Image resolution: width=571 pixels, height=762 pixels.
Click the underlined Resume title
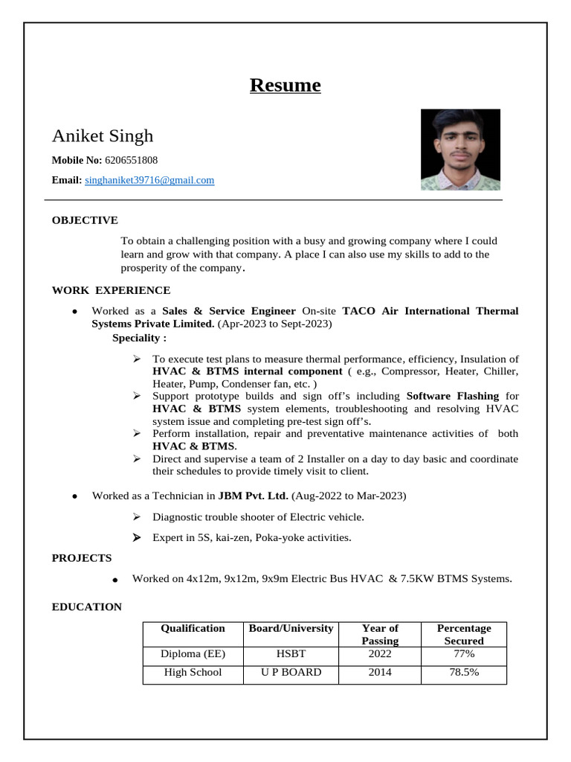pyautogui.click(x=285, y=86)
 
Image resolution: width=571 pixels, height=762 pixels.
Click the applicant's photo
pyautogui.click(x=460, y=150)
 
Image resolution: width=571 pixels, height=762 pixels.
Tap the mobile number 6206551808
pyautogui.click(x=132, y=160)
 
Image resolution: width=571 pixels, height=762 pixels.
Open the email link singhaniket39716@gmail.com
pyautogui.click(x=149, y=180)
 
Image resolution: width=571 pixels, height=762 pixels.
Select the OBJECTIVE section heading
pyautogui.click(x=85, y=220)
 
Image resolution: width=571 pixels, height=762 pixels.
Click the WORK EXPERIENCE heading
pyautogui.click(x=111, y=290)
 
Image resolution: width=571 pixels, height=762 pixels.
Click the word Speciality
pyautogui.click(x=139, y=338)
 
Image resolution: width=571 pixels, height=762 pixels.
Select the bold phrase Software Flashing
pyautogui.click(x=453, y=395)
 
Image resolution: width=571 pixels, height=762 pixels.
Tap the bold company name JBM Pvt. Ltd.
pyautogui.click(x=253, y=496)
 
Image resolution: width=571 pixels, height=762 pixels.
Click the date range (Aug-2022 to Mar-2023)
pyautogui.click(x=349, y=496)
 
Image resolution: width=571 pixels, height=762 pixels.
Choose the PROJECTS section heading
pyautogui.click(x=82, y=558)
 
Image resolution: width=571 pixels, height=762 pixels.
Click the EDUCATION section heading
pyautogui.click(x=87, y=607)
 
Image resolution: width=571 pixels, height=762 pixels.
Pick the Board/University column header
pyautogui.click(x=291, y=629)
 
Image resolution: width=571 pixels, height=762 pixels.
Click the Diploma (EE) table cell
pyautogui.click(x=193, y=654)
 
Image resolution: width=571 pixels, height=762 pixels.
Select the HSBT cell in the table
pyautogui.click(x=291, y=654)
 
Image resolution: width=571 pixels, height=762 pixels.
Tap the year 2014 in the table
pyautogui.click(x=380, y=672)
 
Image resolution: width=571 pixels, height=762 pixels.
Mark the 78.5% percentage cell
pyautogui.click(x=463, y=672)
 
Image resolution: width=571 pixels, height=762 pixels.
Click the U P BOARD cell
pyautogui.click(x=291, y=672)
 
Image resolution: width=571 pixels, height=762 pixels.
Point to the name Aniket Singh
pyautogui.click(x=103, y=135)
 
